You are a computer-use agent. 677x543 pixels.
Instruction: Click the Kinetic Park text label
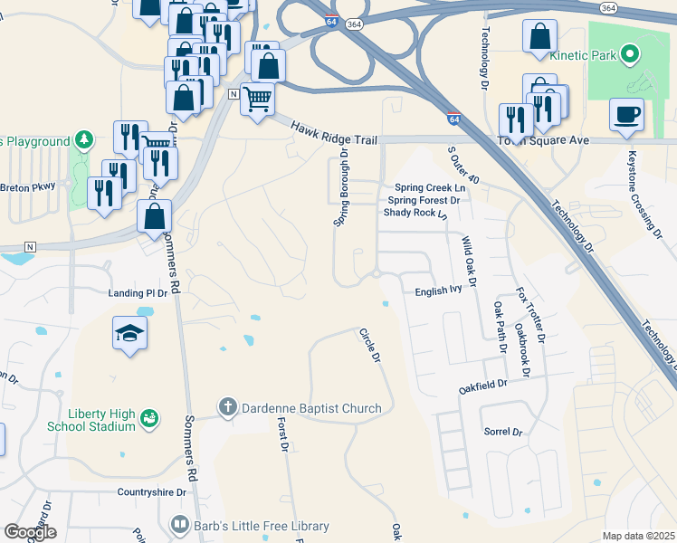tap(583, 55)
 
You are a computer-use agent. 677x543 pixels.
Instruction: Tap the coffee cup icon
tap(625, 115)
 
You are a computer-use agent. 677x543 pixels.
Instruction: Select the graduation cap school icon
tap(129, 334)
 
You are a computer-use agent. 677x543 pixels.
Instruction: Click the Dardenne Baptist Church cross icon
tap(228, 408)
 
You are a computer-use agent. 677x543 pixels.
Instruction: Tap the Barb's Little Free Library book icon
tap(179, 525)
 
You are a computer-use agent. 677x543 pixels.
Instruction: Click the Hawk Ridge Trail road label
tap(333, 133)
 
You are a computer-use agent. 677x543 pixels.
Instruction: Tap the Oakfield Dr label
tap(482, 384)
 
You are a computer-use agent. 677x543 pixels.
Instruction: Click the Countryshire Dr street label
tap(151, 492)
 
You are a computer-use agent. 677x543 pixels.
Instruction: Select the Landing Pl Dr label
tap(138, 293)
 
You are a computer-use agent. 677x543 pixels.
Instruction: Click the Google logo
tap(30, 531)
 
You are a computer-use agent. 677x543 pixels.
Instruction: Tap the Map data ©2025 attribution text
tap(637, 536)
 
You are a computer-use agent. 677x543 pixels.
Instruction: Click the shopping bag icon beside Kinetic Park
tap(539, 36)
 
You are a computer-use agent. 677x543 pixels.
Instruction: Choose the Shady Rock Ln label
tap(415, 213)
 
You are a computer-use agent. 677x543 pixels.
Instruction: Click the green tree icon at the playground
tap(83, 140)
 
